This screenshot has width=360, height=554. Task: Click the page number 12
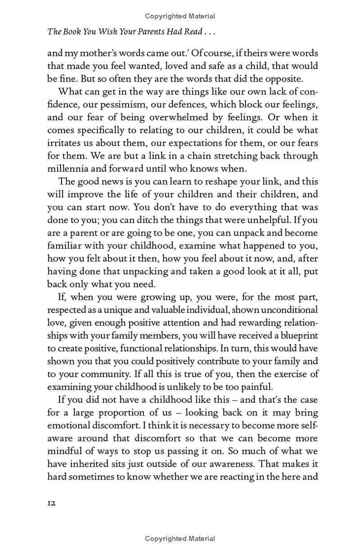pos(51,504)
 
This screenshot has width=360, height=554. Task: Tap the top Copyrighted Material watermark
pos(180,17)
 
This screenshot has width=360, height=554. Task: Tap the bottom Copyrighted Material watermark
pos(180,539)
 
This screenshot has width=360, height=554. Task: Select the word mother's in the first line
pos(92,53)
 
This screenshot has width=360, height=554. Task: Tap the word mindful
pos(65,451)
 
